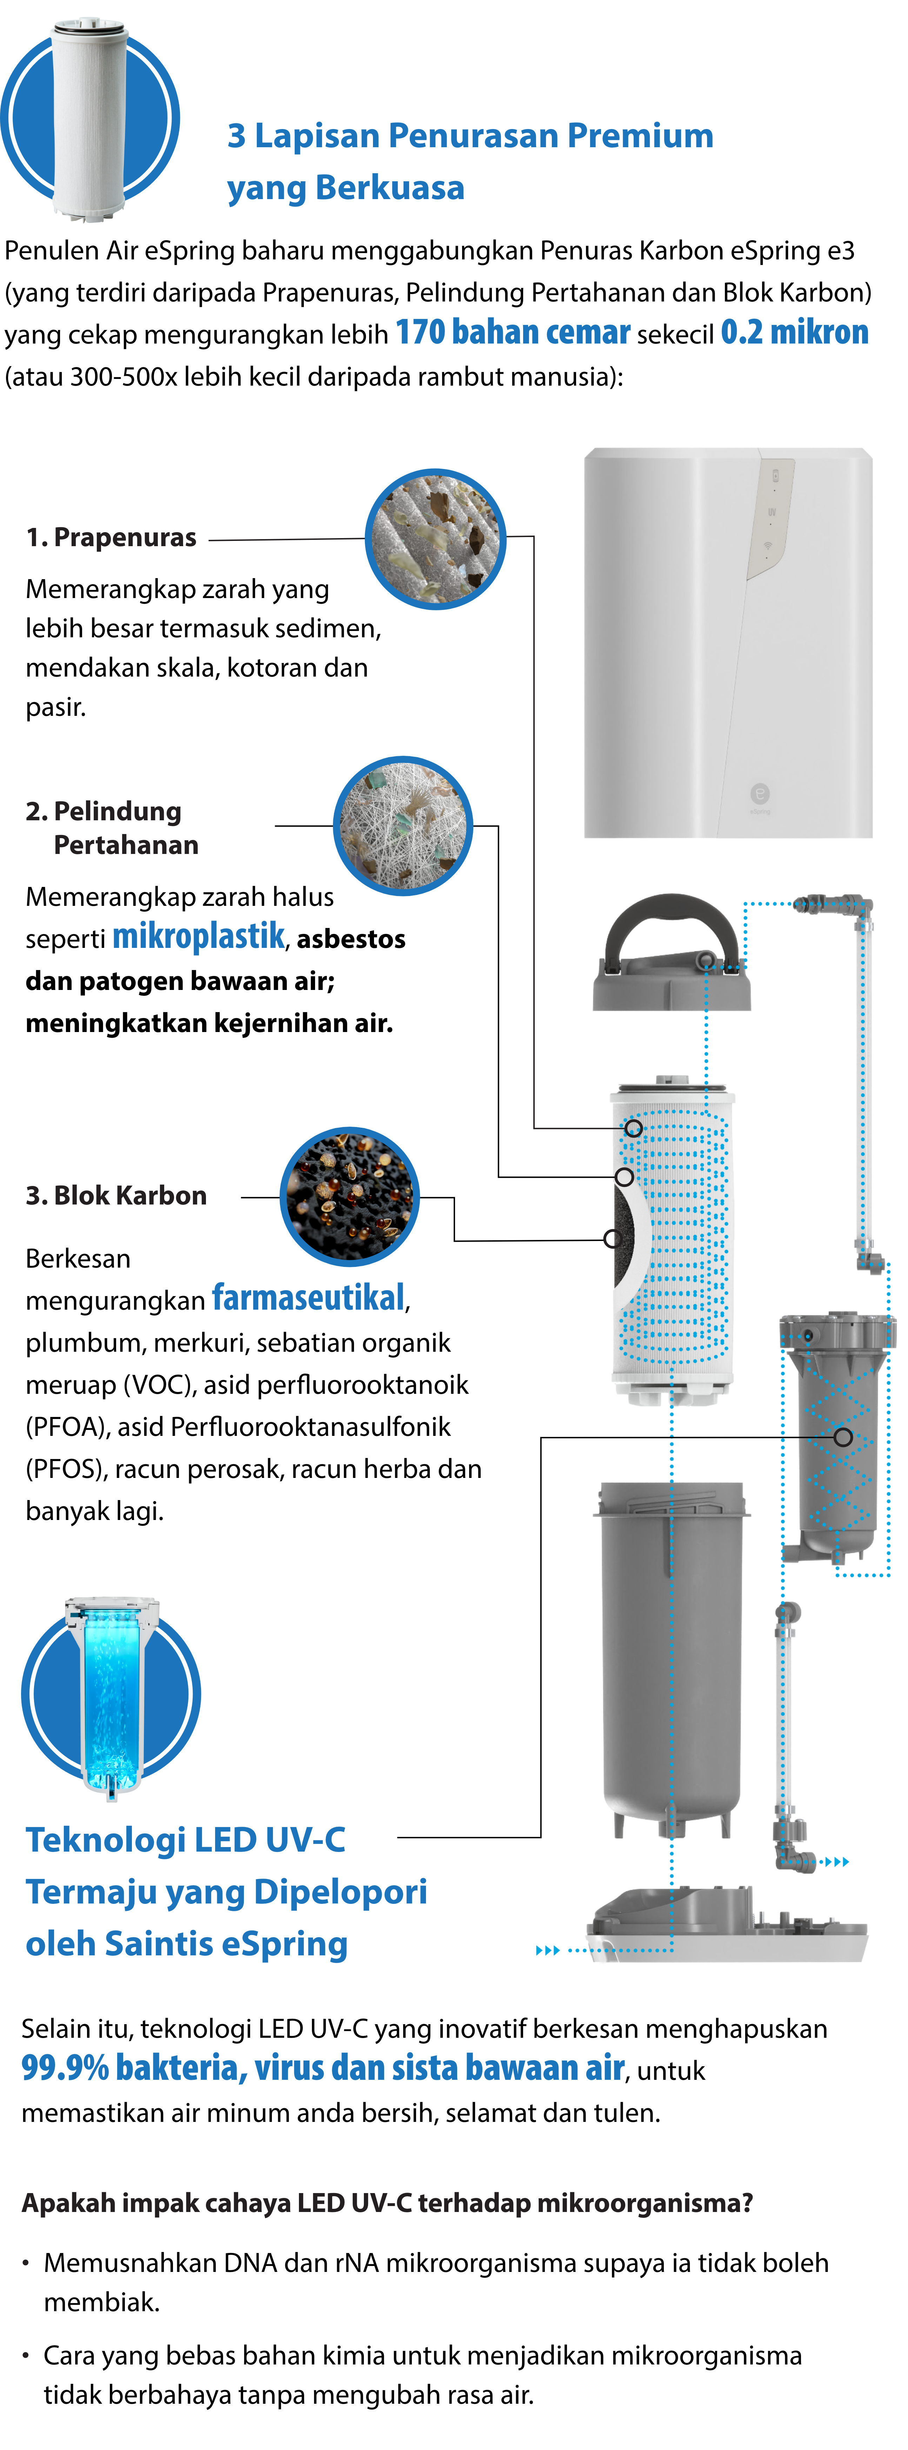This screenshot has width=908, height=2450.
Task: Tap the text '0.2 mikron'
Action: point(794,332)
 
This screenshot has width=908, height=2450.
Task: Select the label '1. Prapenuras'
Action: point(111,537)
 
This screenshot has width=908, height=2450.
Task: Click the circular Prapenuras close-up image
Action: point(435,539)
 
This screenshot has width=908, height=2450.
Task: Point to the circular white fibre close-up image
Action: point(403,826)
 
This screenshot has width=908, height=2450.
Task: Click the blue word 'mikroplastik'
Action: point(198,936)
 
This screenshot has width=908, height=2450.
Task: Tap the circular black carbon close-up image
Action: point(349,1196)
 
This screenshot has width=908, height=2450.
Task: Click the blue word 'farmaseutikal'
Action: point(307,1297)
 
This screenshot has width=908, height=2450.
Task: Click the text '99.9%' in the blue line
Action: point(65,2068)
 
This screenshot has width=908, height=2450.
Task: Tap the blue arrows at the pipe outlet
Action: point(836,1861)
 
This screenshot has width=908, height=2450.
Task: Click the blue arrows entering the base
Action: point(548,1950)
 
